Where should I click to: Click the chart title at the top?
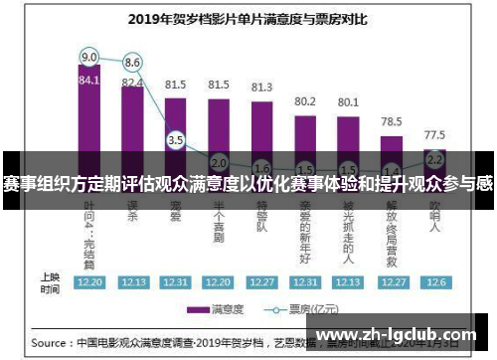(241, 17)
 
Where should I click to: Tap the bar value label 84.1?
(89, 81)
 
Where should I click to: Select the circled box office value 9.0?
(89, 57)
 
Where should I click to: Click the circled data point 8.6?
(132, 62)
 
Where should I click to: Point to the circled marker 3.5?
(176, 140)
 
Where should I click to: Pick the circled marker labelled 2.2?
(434, 158)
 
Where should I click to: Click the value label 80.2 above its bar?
(304, 101)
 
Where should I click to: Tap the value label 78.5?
(391, 120)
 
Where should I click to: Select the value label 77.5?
(434, 134)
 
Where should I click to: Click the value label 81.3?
(261, 88)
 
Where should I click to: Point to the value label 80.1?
(348, 101)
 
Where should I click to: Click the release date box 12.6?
(434, 282)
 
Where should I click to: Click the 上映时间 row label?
(49, 282)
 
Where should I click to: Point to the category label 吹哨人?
(434, 219)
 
